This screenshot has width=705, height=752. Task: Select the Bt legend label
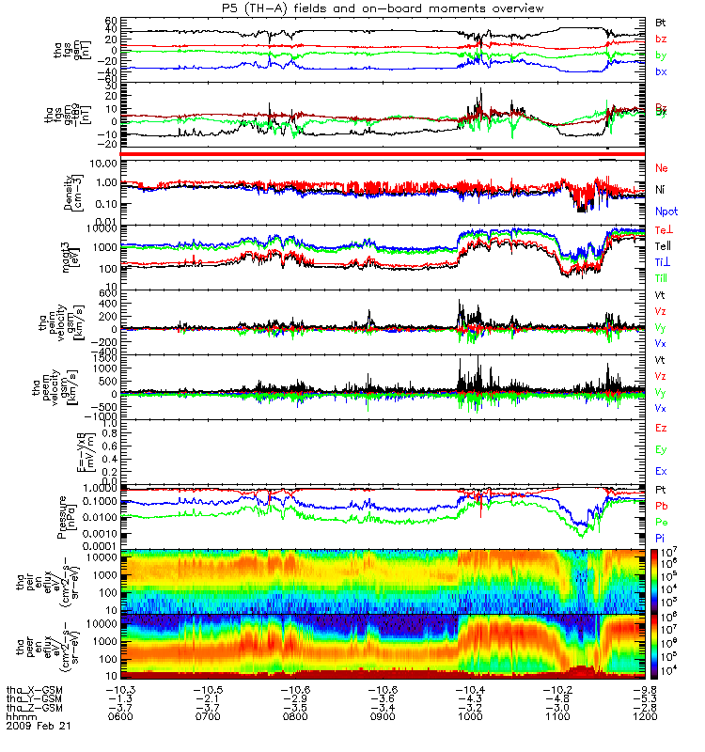pyautogui.click(x=661, y=22)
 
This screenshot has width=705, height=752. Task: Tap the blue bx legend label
pyautogui.click(x=661, y=72)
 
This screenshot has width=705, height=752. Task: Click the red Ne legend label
pyautogui.click(x=662, y=167)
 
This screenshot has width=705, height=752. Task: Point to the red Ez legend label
pyautogui.click(x=662, y=428)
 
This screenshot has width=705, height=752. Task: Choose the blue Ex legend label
pyautogui.click(x=662, y=471)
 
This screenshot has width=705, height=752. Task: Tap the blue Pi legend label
pyautogui.click(x=661, y=536)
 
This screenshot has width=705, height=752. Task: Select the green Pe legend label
pyautogui.click(x=662, y=521)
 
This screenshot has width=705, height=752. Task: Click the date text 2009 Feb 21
pyautogui.click(x=38, y=726)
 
